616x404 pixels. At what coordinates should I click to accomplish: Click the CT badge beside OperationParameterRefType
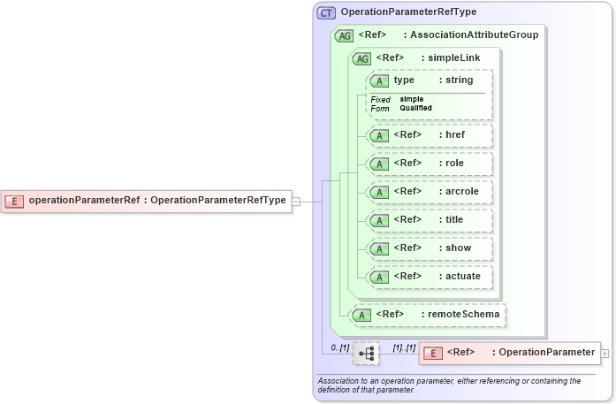coord(327,12)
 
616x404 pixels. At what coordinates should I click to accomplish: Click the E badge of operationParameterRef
coord(15,201)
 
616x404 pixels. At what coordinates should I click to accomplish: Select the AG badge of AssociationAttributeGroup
coord(345,35)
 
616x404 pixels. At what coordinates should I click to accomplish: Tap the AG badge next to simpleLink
coord(361,58)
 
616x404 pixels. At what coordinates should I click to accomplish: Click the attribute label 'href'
coord(455,135)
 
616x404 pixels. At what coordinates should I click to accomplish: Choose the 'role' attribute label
coord(454,164)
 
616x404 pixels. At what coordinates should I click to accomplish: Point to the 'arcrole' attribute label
coord(462,192)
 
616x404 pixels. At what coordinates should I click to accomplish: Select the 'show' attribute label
coord(458,248)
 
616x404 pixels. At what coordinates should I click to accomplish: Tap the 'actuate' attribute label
coord(463,277)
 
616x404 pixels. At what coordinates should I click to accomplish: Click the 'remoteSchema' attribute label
coord(464,314)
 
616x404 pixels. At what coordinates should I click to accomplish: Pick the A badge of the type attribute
coord(380,80)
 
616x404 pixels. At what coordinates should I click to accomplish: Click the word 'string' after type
coord(460,80)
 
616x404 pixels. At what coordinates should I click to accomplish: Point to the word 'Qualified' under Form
coord(416,108)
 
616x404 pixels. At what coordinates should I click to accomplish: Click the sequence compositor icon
coord(366,354)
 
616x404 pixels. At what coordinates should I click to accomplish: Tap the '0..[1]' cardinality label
coord(340,347)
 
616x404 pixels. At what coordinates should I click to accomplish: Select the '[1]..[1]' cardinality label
coord(404,347)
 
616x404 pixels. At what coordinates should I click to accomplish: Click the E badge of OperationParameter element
coord(433,354)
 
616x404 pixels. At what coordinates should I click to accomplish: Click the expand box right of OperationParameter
coord(605,354)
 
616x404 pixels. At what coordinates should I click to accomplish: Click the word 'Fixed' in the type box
coord(380,99)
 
